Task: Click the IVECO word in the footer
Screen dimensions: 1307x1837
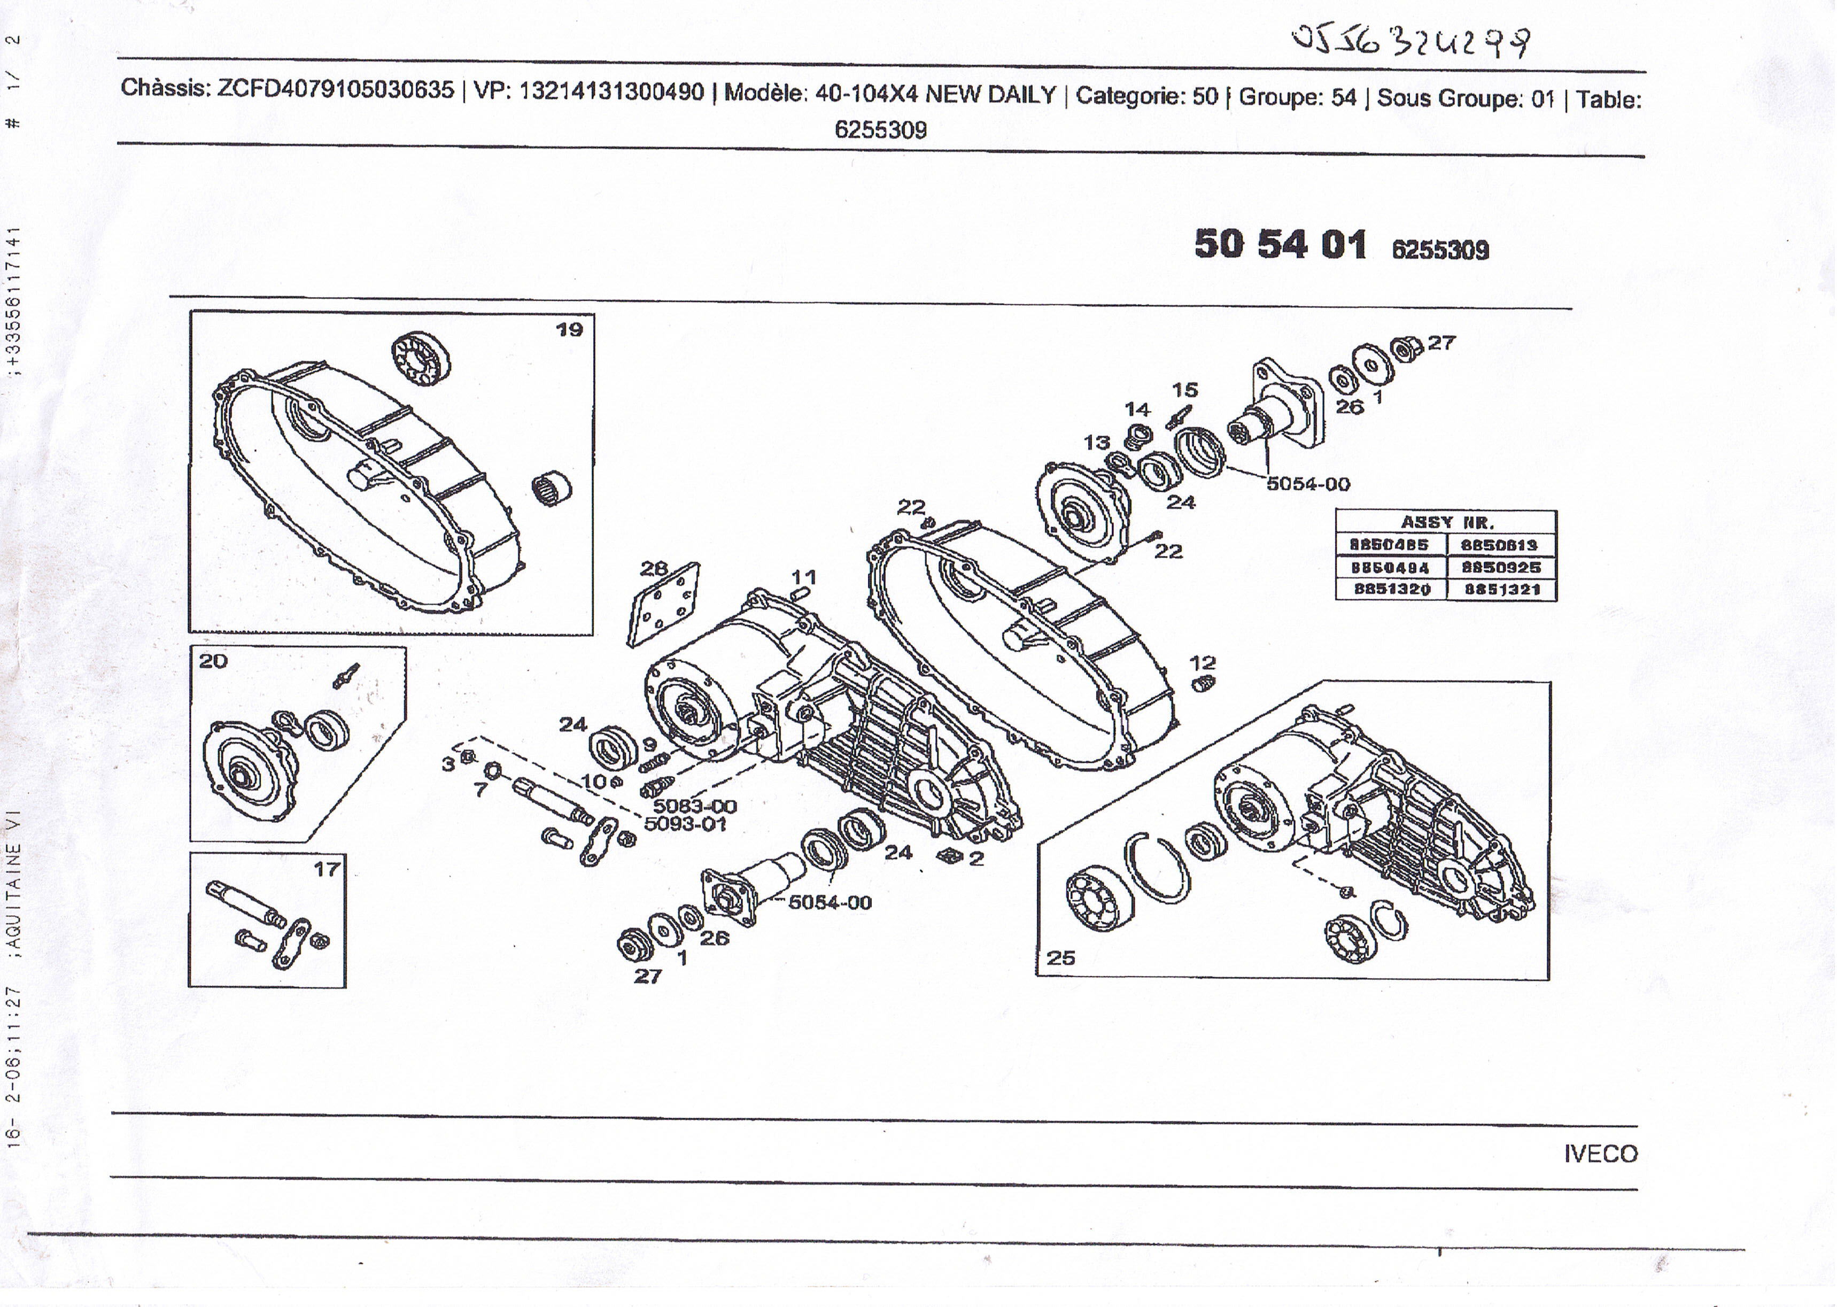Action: (x=1600, y=1153)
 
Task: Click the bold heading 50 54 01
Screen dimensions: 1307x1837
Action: (x=1280, y=244)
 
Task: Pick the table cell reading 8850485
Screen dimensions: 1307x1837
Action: (x=1390, y=545)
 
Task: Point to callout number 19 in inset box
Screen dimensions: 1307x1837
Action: (x=569, y=329)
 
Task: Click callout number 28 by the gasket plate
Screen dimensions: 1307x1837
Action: (x=654, y=568)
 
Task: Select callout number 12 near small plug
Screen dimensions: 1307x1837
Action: (x=1203, y=663)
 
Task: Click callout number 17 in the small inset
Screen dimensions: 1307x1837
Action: (x=327, y=869)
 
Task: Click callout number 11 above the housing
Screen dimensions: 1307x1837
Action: (x=803, y=576)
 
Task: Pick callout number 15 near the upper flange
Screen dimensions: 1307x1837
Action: (x=1184, y=390)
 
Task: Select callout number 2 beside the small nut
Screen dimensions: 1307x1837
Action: (x=976, y=858)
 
